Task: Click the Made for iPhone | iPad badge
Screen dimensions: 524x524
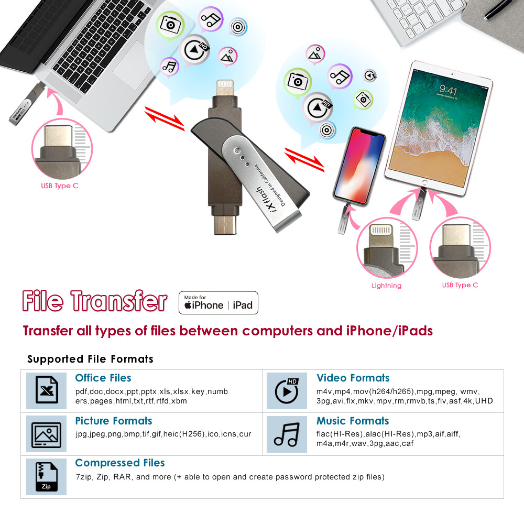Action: click(x=219, y=302)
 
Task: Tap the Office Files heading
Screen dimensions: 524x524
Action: click(x=103, y=378)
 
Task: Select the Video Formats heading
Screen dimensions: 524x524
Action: click(x=353, y=378)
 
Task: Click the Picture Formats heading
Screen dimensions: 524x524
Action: click(x=113, y=421)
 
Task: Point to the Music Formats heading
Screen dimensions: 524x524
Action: click(x=353, y=421)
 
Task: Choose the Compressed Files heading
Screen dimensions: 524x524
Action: click(x=119, y=463)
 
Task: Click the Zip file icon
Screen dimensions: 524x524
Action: click(x=47, y=476)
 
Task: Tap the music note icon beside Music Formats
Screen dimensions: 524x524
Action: click(x=286, y=434)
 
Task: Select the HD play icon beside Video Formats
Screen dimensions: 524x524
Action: click(x=287, y=390)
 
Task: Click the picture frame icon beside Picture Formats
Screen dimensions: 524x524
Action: click(x=47, y=434)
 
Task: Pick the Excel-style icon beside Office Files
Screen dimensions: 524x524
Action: click(x=47, y=390)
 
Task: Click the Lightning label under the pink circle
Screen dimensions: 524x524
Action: click(x=386, y=286)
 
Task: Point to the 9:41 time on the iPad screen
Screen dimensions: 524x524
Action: click(x=448, y=90)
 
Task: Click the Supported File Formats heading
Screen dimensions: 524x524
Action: click(x=90, y=359)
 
